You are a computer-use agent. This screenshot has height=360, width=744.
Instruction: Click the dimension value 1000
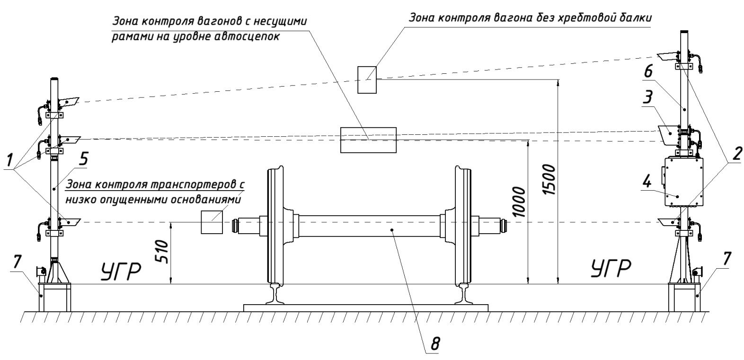click(519, 202)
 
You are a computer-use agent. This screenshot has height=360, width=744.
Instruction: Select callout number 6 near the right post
click(648, 71)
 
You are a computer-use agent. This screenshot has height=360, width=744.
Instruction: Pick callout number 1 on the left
click(9, 161)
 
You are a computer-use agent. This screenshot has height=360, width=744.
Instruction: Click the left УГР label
click(121, 271)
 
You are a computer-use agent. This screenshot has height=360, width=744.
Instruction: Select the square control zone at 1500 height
click(367, 80)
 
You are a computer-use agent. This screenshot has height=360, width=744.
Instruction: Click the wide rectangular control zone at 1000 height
click(368, 140)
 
